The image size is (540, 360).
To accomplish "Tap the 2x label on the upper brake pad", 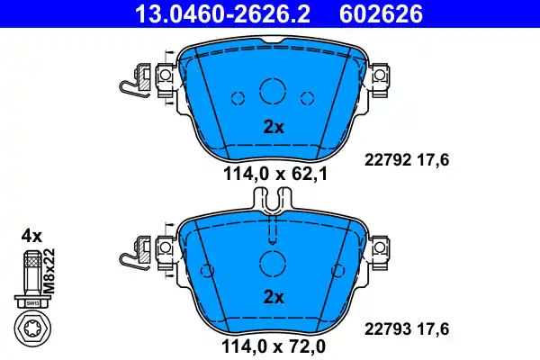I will tap(274, 127).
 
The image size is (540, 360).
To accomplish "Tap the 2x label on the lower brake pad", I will tap(274, 296).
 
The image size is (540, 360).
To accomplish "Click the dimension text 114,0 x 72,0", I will tap(273, 344).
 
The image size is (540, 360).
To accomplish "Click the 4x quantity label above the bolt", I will tap(31, 236).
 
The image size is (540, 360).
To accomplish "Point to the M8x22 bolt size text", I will tap(50, 271).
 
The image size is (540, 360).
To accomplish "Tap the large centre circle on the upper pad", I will tap(273, 91).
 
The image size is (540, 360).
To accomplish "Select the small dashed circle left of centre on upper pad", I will tap(238, 98).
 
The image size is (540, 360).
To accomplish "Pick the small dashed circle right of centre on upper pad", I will tap(308, 98).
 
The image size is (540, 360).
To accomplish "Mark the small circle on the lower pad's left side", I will tap(208, 268).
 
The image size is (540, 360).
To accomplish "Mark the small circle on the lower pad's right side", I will tap(338, 268).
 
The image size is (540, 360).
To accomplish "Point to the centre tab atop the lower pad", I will tap(273, 206).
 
